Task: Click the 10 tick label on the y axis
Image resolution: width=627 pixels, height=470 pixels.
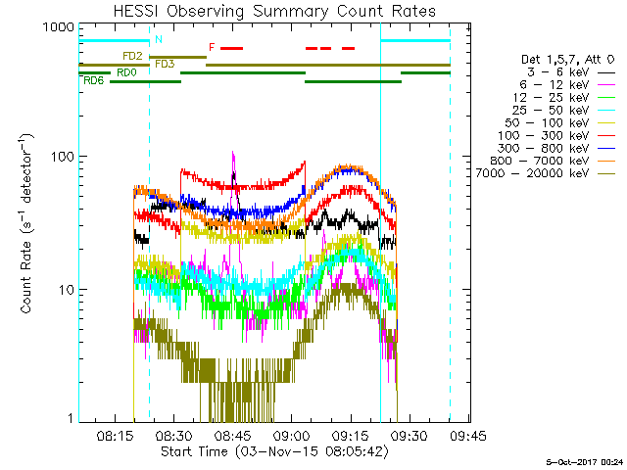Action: tap(65, 290)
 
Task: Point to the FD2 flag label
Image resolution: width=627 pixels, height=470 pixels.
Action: tap(133, 56)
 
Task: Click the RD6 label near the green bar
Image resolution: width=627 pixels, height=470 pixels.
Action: tap(95, 80)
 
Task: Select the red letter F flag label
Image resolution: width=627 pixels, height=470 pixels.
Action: tap(211, 47)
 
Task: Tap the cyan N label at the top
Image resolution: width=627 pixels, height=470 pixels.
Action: tap(159, 39)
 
